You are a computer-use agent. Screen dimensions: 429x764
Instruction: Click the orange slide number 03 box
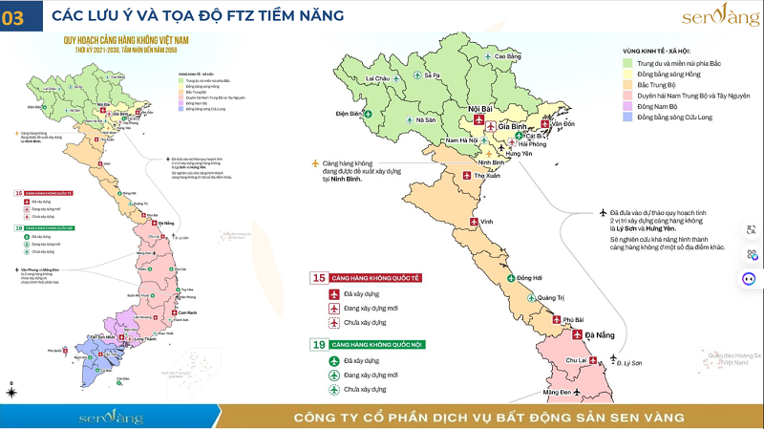point(17,17)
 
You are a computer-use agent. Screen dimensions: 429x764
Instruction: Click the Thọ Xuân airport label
point(488,176)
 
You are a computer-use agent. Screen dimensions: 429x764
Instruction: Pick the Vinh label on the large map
point(486,222)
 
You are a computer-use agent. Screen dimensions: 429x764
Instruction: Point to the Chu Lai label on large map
point(576,360)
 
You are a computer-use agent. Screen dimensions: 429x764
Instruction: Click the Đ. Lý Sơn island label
point(630,364)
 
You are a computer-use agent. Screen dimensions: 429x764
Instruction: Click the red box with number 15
point(319,278)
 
